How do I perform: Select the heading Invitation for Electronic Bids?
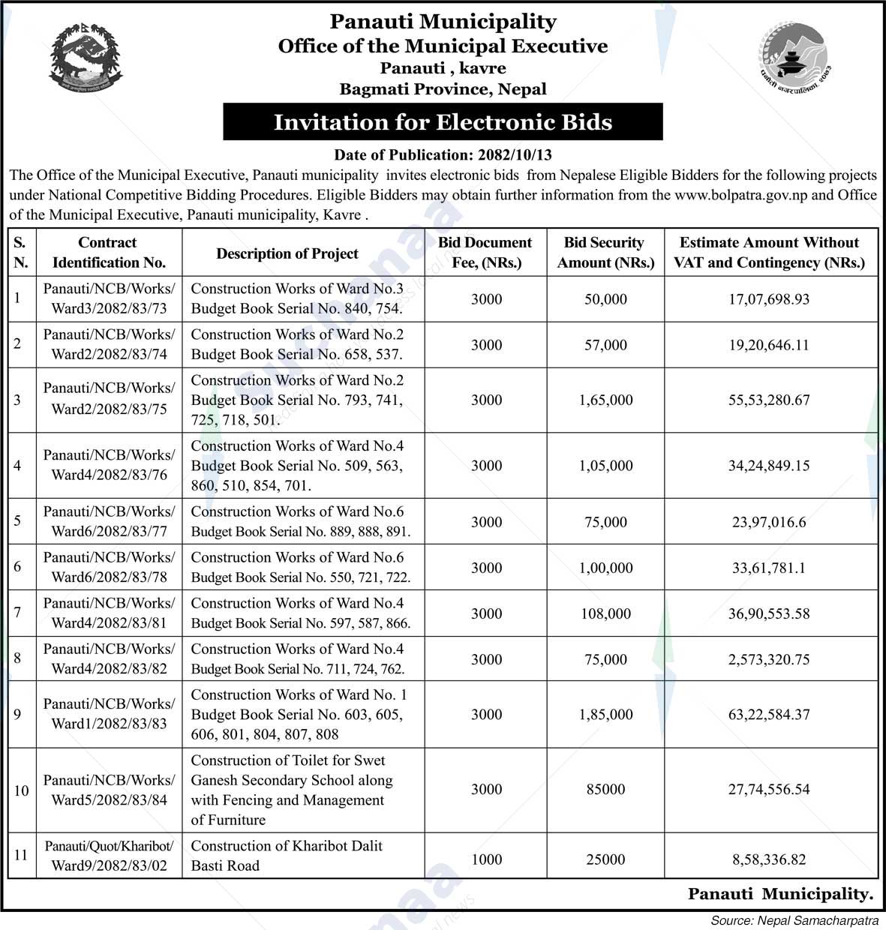(443, 122)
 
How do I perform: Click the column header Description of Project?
(287, 253)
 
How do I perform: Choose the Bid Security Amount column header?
(605, 253)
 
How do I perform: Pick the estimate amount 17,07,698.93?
(769, 299)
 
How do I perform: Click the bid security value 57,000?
(605, 345)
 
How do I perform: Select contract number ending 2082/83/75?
(109, 409)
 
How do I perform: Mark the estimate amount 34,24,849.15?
(769, 466)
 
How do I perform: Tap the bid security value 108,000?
(605, 613)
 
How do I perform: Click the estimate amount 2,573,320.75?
(769, 659)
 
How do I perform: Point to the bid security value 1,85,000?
(605, 715)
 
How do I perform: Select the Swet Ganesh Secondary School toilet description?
(292, 790)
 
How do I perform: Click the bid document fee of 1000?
(486, 859)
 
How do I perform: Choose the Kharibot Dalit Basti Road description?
(287, 855)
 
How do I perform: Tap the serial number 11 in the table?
(21, 855)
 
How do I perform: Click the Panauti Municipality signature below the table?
(781, 894)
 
